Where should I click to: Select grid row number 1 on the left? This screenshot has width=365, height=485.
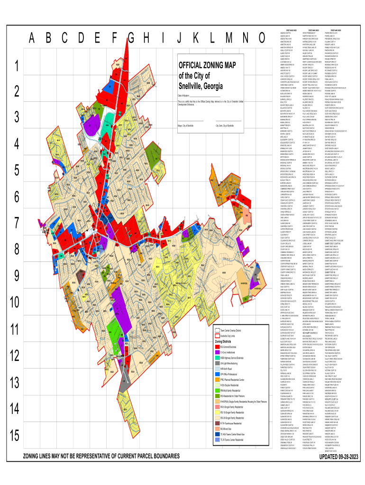[17, 65]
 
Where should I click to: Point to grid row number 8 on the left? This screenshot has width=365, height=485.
[17, 250]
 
